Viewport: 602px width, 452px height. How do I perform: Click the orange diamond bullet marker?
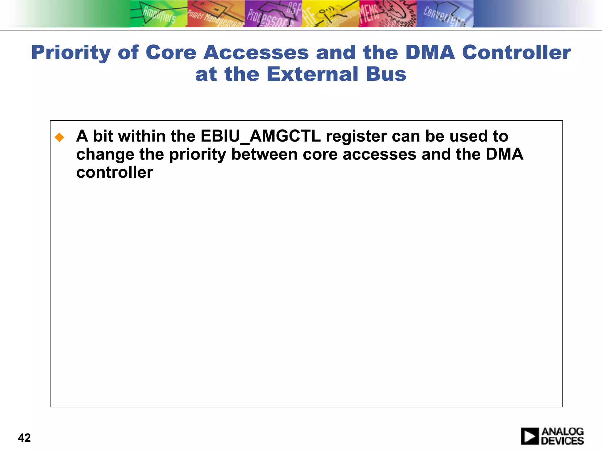pyautogui.click(x=59, y=137)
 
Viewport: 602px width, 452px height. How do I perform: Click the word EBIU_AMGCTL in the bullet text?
pyautogui.click(x=260, y=136)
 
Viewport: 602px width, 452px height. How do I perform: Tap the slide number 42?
pyautogui.click(x=24, y=438)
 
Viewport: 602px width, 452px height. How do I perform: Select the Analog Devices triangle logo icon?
pyautogui.click(x=530, y=436)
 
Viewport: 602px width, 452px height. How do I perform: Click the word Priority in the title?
pyautogui.click(x=71, y=53)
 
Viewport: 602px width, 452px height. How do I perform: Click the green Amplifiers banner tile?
pyautogui.click(x=159, y=14)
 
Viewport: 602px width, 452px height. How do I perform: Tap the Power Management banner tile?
pyautogui.click(x=216, y=14)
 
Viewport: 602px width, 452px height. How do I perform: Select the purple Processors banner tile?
pyautogui.click(x=273, y=14)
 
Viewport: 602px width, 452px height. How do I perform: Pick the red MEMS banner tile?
pyautogui.click(x=387, y=14)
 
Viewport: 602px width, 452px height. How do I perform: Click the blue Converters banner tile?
pyautogui.click(x=444, y=14)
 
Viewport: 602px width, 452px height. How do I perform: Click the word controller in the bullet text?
pyautogui.click(x=115, y=172)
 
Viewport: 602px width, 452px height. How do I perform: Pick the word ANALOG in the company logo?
pyautogui.click(x=563, y=432)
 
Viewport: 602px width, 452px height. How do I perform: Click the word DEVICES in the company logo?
pyautogui.click(x=562, y=441)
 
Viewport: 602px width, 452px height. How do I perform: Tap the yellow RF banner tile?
pyautogui.click(x=330, y=14)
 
